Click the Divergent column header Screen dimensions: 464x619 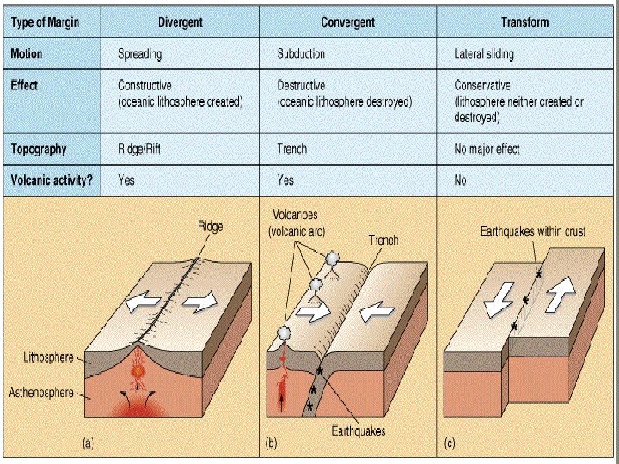pos(180,21)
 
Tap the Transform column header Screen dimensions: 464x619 pos(524,21)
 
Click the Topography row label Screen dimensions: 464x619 pos(39,149)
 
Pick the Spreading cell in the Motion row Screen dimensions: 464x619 pos(140,53)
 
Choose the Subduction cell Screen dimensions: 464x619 pos(301,53)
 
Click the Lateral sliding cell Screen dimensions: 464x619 pos(484,53)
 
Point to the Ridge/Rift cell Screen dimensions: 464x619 pos(138,149)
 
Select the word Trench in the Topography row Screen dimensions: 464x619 pos(291,149)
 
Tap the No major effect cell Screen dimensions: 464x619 pos(487,149)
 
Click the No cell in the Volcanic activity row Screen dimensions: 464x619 pos(460,180)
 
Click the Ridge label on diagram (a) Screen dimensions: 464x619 pos(210,226)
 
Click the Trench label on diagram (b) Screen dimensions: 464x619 pos(383,240)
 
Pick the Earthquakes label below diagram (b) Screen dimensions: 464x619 pos(359,430)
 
